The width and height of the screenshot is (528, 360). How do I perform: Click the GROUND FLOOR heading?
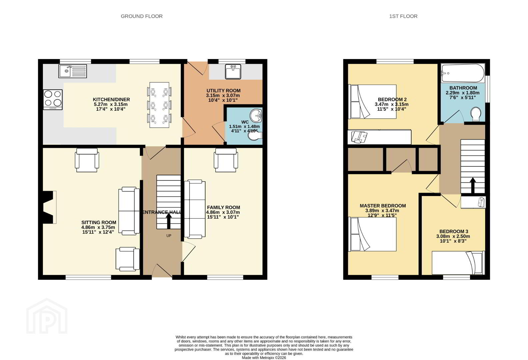tap(142, 16)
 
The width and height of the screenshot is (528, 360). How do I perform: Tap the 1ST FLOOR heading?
tap(403, 16)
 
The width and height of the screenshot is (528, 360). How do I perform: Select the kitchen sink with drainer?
tap(73, 71)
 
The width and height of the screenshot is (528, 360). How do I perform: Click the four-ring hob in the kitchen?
tap(53, 99)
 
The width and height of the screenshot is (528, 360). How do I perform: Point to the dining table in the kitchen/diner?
tap(160, 105)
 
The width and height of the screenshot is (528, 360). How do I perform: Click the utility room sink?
tap(233, 71)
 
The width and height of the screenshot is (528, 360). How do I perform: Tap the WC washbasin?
tap(256, 116)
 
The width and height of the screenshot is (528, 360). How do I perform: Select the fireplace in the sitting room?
tap(48, 207)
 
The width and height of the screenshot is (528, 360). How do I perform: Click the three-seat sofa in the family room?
tap(195, 209)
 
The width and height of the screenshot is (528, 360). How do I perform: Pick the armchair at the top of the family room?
tap(226, 160)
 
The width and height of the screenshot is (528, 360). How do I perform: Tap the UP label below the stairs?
tap(169, 236)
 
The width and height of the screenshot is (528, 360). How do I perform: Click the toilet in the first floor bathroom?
tap(476, 114)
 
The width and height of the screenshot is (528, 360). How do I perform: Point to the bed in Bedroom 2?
tap(372, 102)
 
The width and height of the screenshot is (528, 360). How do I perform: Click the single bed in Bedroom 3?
tap(458, 263)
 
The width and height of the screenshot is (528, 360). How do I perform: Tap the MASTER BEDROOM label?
tap(383, 206)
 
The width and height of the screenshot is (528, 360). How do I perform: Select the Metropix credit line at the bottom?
tap(264, 358)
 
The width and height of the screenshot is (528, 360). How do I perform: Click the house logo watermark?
tap(47, 316)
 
